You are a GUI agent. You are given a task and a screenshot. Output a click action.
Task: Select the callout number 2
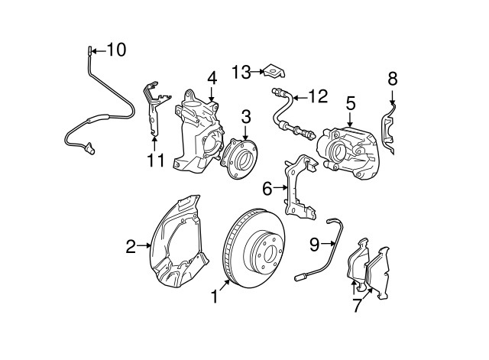click(x=131, y=246)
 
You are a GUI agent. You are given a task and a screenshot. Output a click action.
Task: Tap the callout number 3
click(x=246, y=116)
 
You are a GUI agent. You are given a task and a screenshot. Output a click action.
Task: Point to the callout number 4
click(x=212, y=77)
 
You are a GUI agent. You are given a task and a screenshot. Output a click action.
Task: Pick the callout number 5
click(x=351, y=102)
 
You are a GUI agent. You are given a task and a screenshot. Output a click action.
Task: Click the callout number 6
click(x=267, y=187)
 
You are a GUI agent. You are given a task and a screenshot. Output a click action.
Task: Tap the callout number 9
click(x=315, y=244)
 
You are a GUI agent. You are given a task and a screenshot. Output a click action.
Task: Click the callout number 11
click(x=156, y=161)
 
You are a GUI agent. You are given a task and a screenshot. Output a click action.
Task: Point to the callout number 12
click(x=317, y=96)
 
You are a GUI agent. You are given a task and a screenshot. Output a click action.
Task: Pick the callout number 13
click(x=241, y=72)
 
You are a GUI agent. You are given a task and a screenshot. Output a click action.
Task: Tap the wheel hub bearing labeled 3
click(x=240, y=157)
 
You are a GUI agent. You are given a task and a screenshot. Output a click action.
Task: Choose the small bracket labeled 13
click(x=273, y=72)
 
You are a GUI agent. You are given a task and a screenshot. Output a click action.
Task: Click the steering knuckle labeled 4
click(x=197, y=130)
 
